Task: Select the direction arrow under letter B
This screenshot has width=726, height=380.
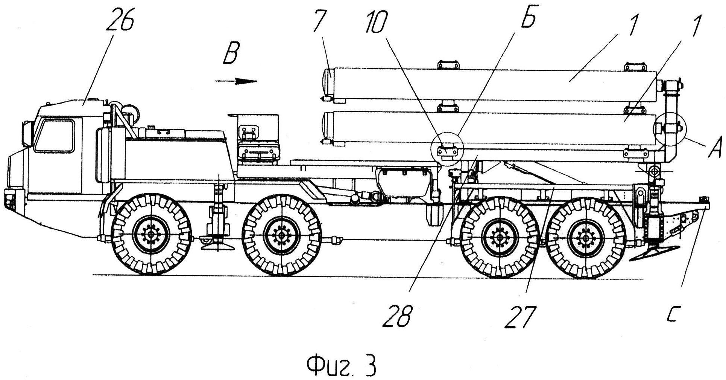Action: tap(236, 81)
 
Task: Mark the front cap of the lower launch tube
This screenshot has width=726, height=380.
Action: tap(326, 127)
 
